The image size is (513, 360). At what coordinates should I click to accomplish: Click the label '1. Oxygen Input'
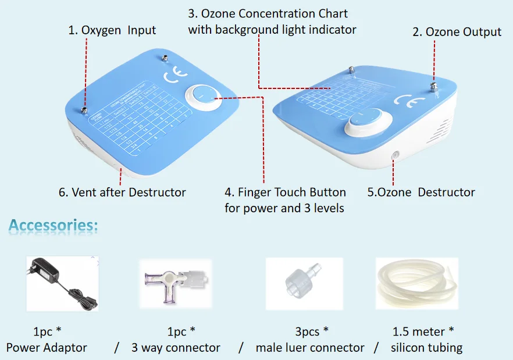tap(112, 30)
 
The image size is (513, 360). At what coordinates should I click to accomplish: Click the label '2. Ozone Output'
tap(457, 32)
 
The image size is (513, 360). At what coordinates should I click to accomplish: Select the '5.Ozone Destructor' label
tap(421, 192)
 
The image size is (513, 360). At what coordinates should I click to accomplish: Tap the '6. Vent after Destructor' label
tap(122, 192)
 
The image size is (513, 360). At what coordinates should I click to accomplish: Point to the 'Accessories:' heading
tap(54, 226)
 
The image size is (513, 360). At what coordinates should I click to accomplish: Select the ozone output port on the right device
tap(433, 87)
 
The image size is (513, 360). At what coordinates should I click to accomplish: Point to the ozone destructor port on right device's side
tap(395, 155)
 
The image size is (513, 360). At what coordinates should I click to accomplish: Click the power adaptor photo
tap(62, 284)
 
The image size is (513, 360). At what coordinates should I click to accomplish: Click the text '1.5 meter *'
tap(423, 332)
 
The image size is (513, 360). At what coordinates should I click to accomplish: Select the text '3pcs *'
tap(311, 332)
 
